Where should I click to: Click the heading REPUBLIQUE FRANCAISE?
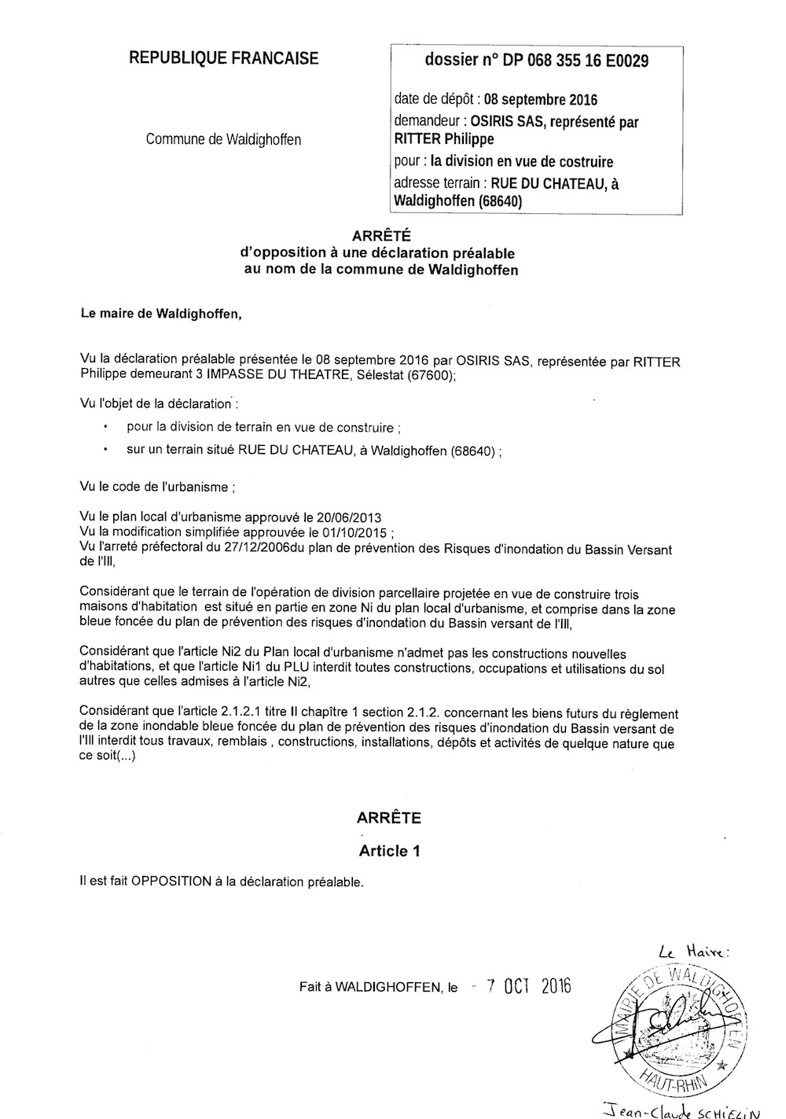(x=224, y=57)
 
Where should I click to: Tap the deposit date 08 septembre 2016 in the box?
(x=540, y=100)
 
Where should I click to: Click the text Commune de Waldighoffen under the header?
(x=223, y=140)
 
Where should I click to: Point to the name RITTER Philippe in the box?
(x=444, y=139)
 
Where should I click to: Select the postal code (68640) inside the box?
(x=499, y=201)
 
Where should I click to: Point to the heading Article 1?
(x=384, y=850)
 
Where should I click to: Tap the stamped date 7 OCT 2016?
(x=528, y=986)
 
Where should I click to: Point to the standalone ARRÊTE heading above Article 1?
(x=388, y=818)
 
